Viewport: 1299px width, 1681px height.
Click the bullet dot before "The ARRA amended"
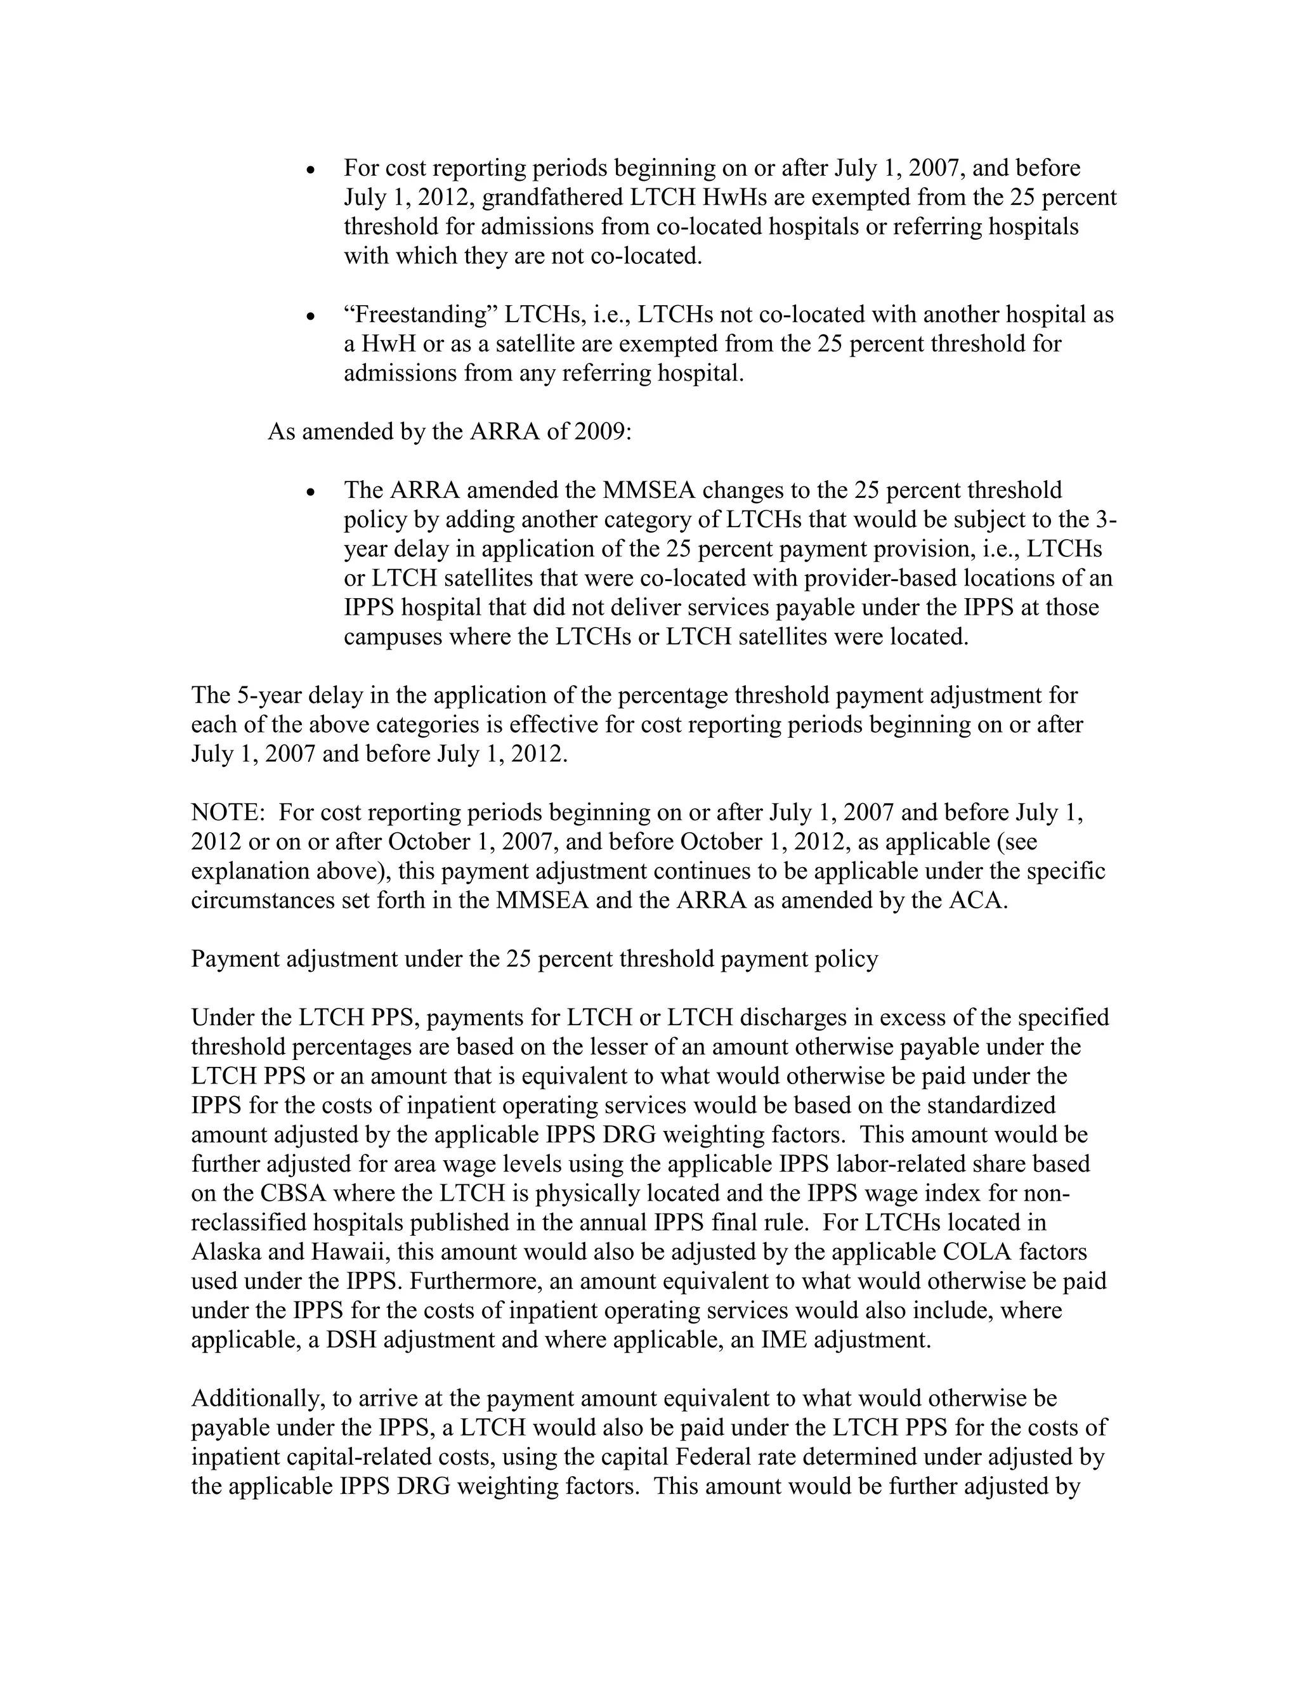click(311, 492)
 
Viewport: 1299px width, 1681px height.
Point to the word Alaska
click(225, 1252)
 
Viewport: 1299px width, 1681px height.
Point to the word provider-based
click(869, 578)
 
